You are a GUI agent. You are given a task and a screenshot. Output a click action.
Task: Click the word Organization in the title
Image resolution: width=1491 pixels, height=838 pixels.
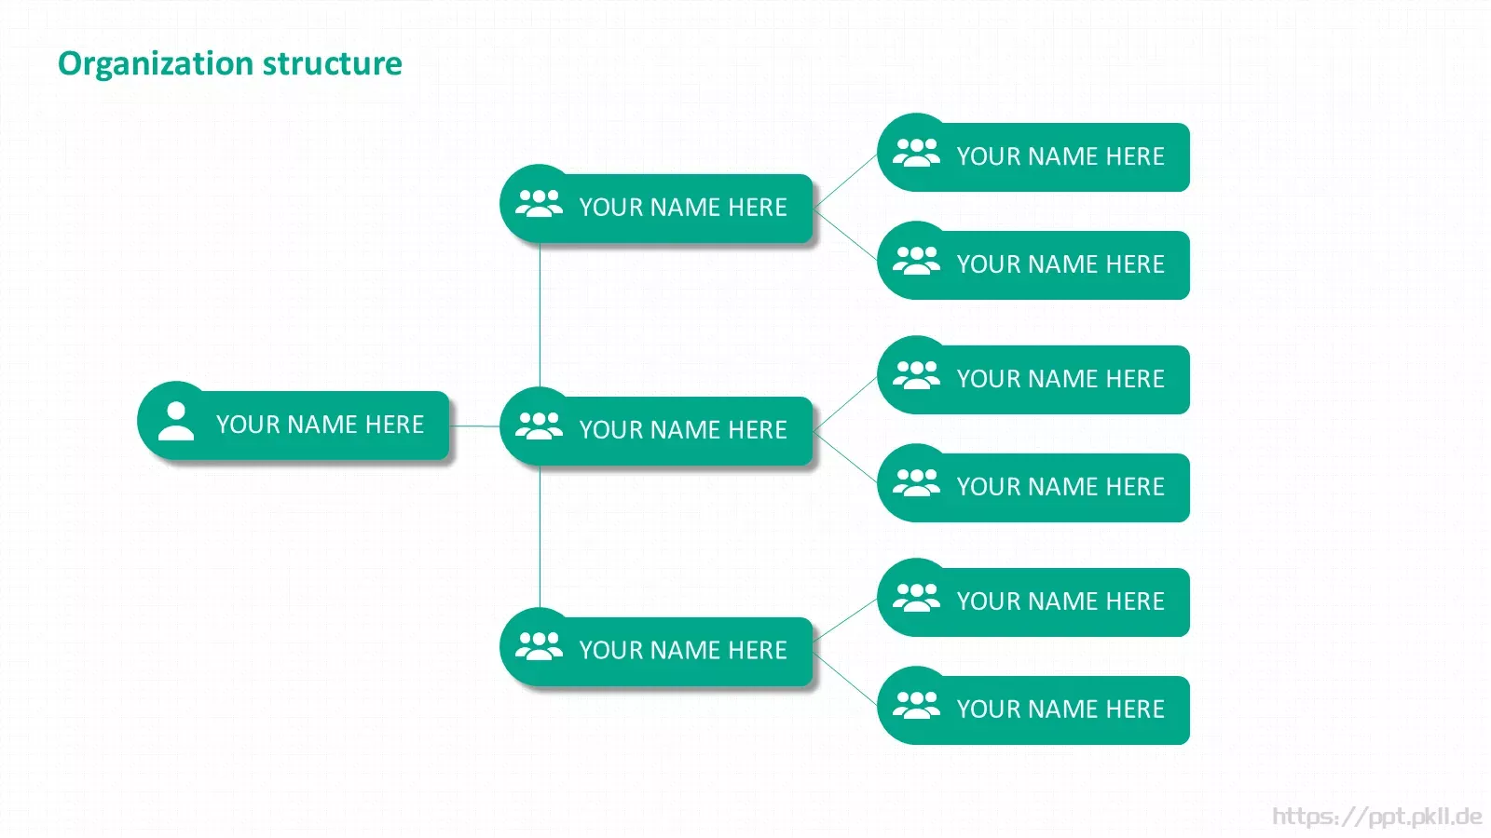pyautogui.click(x=156, y=64)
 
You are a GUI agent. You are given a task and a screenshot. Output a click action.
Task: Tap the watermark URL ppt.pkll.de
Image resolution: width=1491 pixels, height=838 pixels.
pyautogui.click(x=1377, y=816)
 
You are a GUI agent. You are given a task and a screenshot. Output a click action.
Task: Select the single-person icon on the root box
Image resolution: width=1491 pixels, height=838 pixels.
pyautogui.click(x=176, y=421)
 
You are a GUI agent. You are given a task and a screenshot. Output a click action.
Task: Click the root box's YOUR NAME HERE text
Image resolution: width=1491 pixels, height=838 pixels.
pyautogui.click(x=321, y=425)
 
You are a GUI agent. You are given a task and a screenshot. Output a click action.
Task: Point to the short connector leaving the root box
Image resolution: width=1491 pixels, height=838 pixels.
pyautogui.click(x=474, y=426)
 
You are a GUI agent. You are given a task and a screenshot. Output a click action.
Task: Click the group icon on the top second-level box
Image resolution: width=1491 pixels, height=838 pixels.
pyautogui.click(x=540, y=204)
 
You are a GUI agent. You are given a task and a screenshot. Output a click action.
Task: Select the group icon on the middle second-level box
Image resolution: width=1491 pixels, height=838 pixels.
pyautogui.click(x=540, y=426)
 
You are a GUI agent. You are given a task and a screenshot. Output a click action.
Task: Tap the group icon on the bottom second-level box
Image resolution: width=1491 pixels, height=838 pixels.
pyautogui.click(x=540, y=646)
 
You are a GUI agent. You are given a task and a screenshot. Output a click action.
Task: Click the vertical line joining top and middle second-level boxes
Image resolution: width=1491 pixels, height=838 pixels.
pyautogui.click(x=540, y=316)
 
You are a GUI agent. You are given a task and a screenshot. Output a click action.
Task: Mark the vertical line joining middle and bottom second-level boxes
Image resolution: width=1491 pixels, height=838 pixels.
pyautogui.click(x=540, y=536)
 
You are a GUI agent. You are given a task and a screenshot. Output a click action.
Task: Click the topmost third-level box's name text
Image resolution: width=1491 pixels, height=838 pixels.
pyautogui.click(x=1061, y=156)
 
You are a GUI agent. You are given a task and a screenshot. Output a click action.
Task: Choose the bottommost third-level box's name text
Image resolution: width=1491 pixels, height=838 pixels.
pyautogui.click(x=1061, y=709)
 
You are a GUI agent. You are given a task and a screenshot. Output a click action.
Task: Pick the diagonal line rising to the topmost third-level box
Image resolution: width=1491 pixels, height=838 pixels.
pyautogui.click(x=845, y=181)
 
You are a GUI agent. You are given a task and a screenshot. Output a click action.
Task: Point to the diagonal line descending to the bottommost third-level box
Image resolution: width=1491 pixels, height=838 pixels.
pyautogui.click(x=845, y=680)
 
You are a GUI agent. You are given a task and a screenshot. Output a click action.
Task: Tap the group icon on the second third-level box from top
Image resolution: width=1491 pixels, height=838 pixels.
pyautogui.click(x=917, y=261)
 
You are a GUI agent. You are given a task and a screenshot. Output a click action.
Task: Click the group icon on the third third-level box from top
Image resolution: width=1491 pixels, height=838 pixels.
pyautogui.click(x=917, y=375)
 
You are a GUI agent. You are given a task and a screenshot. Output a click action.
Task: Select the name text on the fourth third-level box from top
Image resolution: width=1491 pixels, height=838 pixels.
pyautogui.click(x=1061, y=487)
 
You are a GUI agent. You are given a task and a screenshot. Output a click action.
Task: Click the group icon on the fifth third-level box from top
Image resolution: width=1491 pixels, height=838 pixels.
pyautogui.click(x=917, y=597)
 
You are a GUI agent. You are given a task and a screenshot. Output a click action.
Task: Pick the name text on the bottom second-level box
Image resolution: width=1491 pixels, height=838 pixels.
pyautogui.click(x=684, y=651)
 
